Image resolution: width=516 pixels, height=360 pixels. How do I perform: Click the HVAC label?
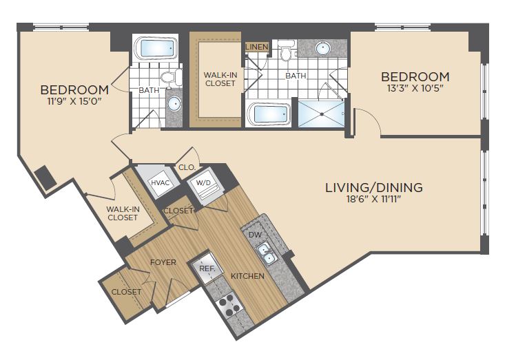[x=161, y=182]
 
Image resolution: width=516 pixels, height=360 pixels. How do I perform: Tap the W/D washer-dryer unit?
[x=205, y=187]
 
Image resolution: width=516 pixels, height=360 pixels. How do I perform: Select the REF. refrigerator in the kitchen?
[x=207, y=268]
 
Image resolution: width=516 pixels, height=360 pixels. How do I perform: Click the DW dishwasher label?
[x=255, y=235]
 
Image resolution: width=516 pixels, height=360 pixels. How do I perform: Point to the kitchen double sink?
[x=267, y=254]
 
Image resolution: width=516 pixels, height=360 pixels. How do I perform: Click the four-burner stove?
[x=229, y=304]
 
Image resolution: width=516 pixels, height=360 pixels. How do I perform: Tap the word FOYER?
[x=163, y=262]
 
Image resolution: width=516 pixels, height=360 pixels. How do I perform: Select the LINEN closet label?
[x=257, y=47]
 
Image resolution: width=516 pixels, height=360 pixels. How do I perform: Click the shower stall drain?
[x=322, y=114]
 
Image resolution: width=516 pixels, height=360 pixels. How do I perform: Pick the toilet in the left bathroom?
[x=172, y=77]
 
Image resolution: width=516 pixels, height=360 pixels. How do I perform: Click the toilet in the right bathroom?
[x=286, y=50]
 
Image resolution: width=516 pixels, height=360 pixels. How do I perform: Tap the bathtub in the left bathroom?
[x=156, y=48]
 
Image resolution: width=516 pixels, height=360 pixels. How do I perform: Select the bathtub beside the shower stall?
[x=269, y=114]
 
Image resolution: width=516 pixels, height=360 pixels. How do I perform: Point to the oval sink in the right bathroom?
[x=323, y=48]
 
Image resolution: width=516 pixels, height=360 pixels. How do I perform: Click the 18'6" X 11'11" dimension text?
[x=374, y=199]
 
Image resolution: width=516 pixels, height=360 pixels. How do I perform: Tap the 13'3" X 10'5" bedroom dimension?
[x=415, y=88]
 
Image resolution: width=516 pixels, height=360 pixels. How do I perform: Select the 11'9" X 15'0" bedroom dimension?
[x=74, y=100]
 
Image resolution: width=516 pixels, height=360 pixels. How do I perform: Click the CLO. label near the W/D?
[x=187, y=167]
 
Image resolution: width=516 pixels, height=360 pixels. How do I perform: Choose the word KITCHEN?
[x=247, y=276]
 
